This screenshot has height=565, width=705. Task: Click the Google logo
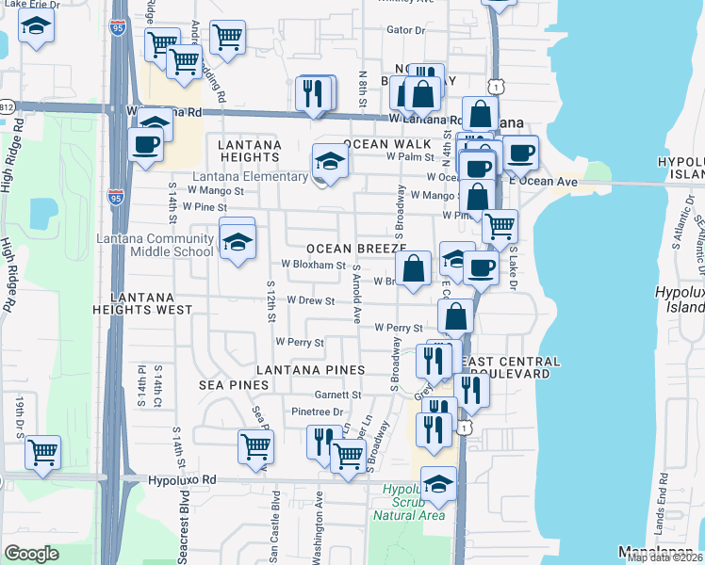(x=32, y=554)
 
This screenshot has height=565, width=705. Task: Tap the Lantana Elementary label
(x=253, y=176)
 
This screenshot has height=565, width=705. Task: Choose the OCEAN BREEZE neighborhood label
(x=354, y=248)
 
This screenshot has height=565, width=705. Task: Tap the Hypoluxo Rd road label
(x=182, y=479)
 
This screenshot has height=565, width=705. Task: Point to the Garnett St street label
(x=338, y=395)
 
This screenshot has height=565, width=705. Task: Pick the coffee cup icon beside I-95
(x=145, y=144)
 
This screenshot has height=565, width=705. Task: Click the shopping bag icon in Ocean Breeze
(x=413, y=266)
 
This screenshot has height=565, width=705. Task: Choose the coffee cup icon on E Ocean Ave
(x=520, y=153)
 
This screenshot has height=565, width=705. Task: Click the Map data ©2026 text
(x=665, y=557)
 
